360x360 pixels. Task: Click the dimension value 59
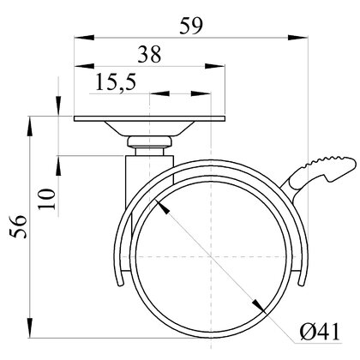pos(191,26)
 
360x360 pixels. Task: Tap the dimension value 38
pos(149,54)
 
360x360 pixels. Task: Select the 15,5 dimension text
pos(116,82)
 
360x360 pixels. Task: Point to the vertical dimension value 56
pos(18,226)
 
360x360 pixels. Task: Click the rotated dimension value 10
pos(46,199)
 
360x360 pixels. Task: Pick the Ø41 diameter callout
pos(320,332)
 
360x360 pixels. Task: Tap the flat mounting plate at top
pos(149,118)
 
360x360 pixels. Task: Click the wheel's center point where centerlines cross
pos(211,256)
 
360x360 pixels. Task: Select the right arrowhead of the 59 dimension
pos(298,37)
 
